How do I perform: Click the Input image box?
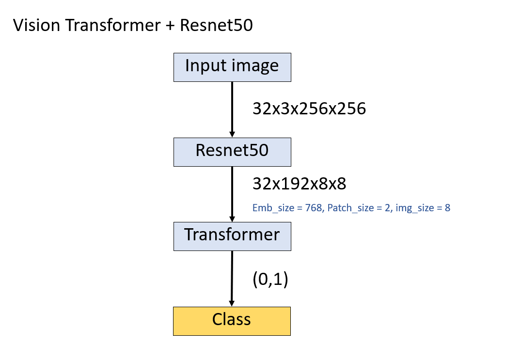point(232,67)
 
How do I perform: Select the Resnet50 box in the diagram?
point(232,152)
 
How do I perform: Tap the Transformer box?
point(232,236)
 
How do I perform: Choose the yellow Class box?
point(232,320)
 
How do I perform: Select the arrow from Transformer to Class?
point(232,276)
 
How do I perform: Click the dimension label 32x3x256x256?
point(309,109)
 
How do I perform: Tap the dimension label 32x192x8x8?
point(299,184)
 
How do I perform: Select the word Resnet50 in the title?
point(216,25)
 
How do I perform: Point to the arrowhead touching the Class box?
point(232,302)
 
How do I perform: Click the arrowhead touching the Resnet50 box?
point(232,133)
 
